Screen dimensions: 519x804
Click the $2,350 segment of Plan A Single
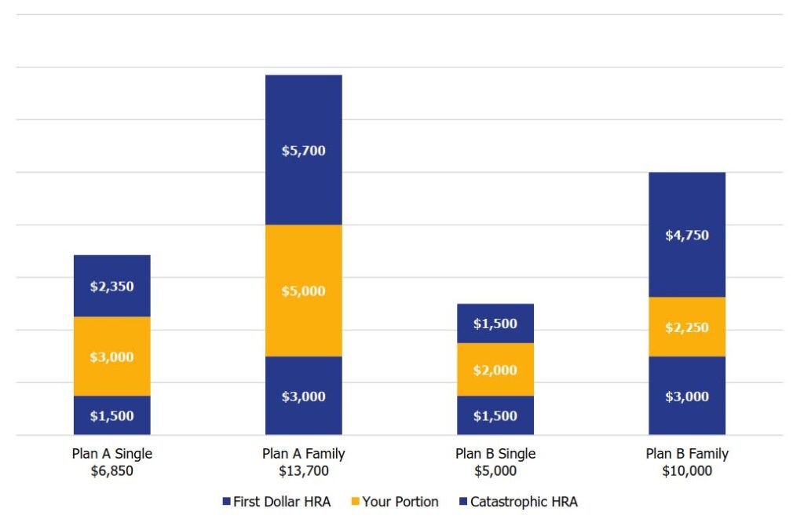111,286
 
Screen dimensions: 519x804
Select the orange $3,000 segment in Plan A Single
111,356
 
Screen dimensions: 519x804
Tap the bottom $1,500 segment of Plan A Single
111,415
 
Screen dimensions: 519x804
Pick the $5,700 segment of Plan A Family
303,150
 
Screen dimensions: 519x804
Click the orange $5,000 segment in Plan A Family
303,291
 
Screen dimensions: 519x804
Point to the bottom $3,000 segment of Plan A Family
303,396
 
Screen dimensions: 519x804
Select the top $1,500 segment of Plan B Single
495,323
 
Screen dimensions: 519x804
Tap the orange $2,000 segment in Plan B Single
495,370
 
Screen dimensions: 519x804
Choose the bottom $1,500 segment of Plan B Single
495,415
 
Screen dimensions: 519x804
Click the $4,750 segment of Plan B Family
687,235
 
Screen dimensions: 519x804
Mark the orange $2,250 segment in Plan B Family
687,327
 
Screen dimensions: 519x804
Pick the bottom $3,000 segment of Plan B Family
687,396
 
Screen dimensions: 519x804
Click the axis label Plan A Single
111,454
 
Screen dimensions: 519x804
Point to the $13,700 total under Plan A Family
303,471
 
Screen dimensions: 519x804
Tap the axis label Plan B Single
495,454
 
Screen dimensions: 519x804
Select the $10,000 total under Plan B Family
687,471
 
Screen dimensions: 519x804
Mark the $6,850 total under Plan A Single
111,471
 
